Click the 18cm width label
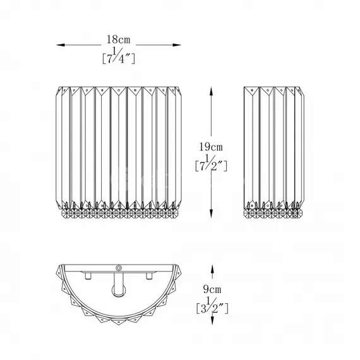[x=118, y=40]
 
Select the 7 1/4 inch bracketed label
[x=118, y=56]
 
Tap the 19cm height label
[x=211, y=147]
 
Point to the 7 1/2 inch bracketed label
[x=211, y=163]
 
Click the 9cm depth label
[x=212, y=289]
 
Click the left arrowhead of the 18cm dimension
[x=61, y=45]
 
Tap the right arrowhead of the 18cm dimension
[x=177, y=45]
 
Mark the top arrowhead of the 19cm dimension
[x=211, y=91]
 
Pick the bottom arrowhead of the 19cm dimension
[x=211, y=213]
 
